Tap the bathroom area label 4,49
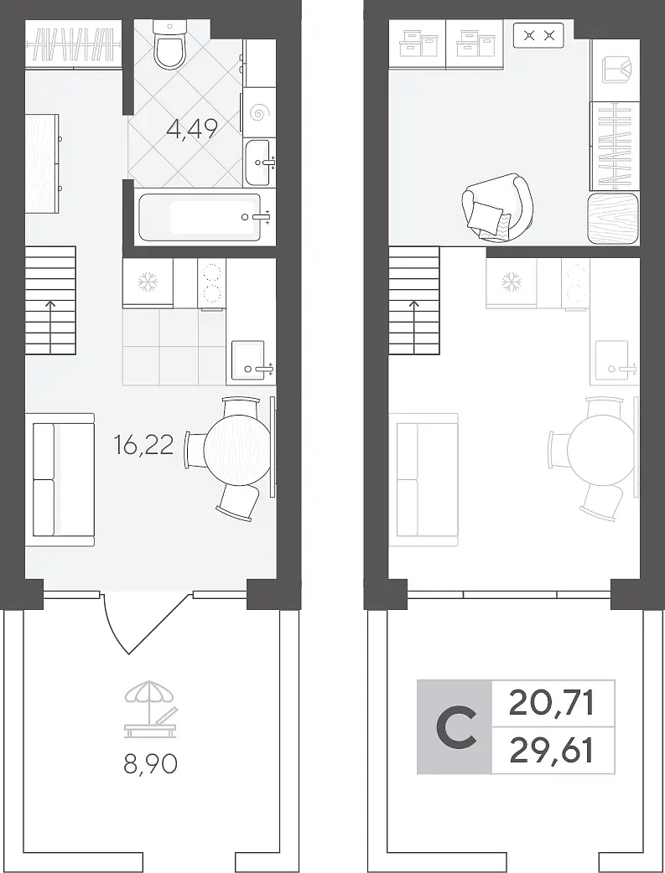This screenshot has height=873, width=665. pyautogui.click(x=192, y=129)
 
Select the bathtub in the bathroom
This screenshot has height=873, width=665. pyautogui.click(x=199, y=217)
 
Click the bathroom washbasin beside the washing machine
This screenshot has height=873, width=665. pyautogui.click(x=257, y=163)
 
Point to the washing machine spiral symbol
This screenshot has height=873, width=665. pyautogui.click(x=259, y=113)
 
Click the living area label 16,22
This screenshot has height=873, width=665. pyautogui.click(x=143, y=445)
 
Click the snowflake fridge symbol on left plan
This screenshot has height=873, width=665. pyautogui.click(x=148, y=282)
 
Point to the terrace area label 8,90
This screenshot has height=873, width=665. pyautogui.click(x=150, y=764)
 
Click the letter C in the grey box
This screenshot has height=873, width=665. pyautogui.click(x=456, y=728)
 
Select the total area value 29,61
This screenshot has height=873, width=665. pyautogui.click(x=551, y=751)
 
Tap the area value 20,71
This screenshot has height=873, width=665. pyautogui.click(x=551, y=703)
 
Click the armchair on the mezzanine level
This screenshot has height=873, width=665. pyautogui.click(x=497, y=207)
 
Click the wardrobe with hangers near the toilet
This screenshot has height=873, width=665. pyautogui.click(x=73, y=44)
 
